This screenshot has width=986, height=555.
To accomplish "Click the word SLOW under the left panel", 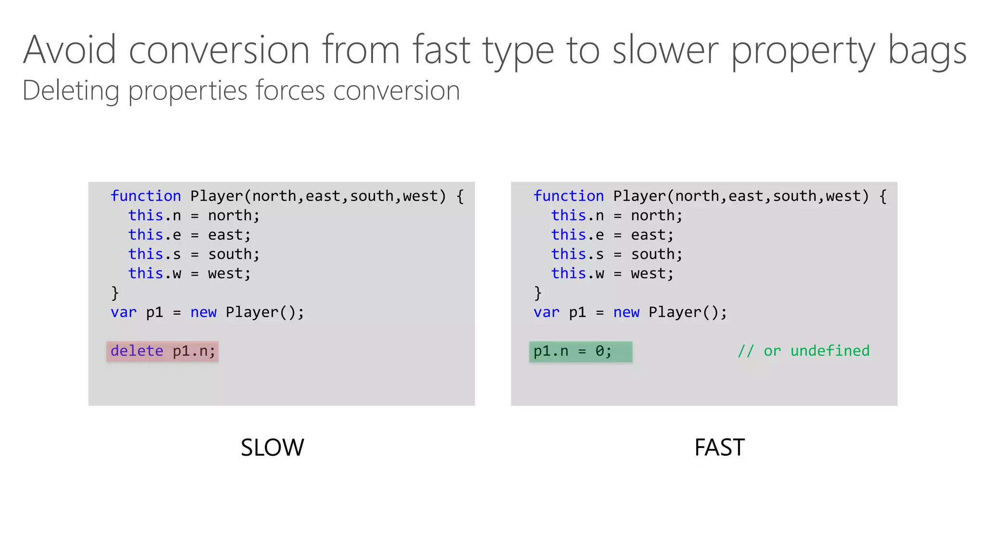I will point(272,448).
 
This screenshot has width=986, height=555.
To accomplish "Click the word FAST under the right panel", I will point(719,448).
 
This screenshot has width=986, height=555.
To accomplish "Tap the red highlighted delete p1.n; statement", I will point(162,351).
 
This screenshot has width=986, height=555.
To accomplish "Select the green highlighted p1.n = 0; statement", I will point(580,351).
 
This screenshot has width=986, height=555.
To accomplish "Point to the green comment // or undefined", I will point(804,351).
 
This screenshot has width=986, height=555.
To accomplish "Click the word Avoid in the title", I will point(70,50).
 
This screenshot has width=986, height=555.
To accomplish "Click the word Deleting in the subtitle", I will point(70,91).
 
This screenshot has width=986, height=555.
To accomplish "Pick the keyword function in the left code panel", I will point(145,196).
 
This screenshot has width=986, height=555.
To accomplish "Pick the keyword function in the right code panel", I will point(568,196).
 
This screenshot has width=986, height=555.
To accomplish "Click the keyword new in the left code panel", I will point(203,312).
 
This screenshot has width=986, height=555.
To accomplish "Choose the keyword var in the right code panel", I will point(546,312).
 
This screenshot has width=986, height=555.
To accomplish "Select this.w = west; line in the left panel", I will point(189,274).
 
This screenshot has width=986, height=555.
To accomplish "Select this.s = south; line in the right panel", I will point(616,254).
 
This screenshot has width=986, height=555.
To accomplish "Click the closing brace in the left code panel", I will point(115,293).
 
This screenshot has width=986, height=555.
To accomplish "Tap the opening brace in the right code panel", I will point(883,196).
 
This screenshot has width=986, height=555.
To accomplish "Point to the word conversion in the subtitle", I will point(396,91).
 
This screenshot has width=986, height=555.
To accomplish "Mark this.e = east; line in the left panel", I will point(189,235).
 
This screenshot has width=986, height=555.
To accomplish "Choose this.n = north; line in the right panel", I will point(616,215).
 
